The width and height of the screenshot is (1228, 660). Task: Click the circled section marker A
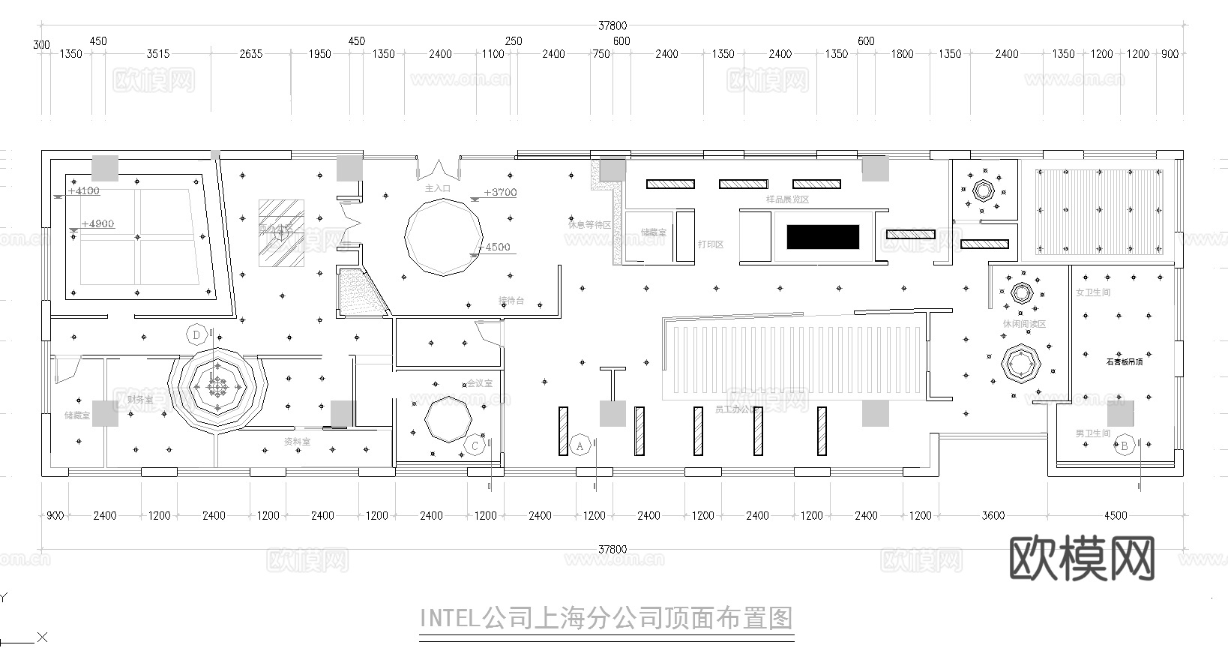(580, 445)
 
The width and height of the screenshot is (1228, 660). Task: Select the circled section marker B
(1124, 446)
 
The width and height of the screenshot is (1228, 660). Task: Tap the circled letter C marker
(475, 446)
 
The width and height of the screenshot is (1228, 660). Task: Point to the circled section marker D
(197, 334)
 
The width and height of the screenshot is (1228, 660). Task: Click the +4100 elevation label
(83, 190)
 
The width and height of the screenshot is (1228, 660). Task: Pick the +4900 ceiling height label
(97, 223)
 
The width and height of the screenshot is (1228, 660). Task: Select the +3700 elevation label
(500, 192)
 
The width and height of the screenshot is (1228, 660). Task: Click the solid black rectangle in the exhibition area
(822, 237)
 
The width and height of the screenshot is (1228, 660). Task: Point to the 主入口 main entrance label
(438, 188)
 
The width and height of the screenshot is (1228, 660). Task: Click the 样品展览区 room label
(787, 199)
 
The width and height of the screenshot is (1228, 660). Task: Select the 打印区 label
(711, 244)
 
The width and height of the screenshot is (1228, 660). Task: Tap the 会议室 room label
(480, 383)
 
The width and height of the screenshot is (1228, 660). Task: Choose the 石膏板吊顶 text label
(1124, 361)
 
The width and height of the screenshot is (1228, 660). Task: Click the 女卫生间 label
(1093, 292)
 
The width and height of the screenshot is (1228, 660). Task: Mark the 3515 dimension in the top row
(157, 54)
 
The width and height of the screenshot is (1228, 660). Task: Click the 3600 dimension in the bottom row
(993, 515)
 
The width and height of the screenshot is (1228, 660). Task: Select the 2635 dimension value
(250, 54)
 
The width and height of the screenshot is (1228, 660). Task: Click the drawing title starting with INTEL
(606, 619)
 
